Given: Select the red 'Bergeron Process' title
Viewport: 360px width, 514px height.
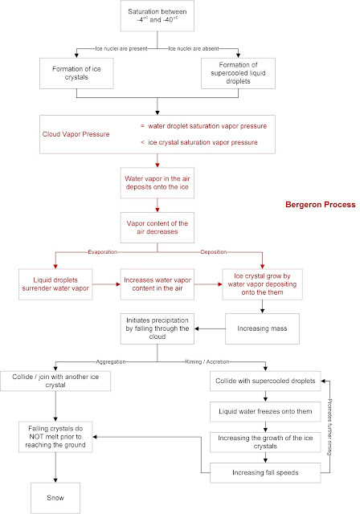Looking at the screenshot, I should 319,206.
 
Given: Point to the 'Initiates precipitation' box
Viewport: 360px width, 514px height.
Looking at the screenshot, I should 159,328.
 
